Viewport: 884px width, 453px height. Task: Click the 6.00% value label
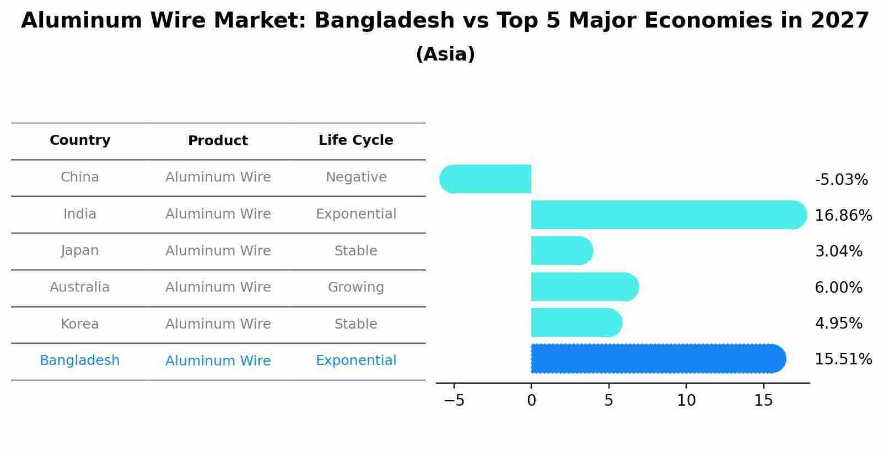(838, 287)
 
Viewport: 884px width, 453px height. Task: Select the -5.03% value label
(840, 180)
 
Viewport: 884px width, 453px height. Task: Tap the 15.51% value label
(843, 359)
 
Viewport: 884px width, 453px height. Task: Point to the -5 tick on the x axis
(454, 401)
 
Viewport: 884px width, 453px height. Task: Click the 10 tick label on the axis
(686, 401)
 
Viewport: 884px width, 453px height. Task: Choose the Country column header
(80, 140)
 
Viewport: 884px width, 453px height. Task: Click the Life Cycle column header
(355, 140)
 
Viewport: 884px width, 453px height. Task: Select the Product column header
(218, 141)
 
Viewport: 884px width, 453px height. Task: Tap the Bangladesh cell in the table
(80, 361)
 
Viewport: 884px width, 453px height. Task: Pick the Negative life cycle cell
(355, 177)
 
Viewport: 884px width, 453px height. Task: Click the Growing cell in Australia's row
(355, 287)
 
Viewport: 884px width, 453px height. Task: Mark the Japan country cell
(80, 250)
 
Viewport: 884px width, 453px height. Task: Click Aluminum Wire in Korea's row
(218, 324)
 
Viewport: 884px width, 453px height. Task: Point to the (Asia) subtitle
(445, 54)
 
